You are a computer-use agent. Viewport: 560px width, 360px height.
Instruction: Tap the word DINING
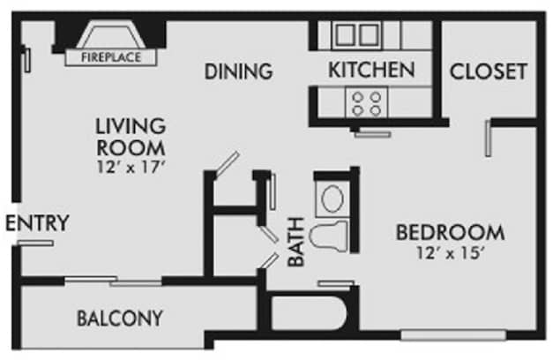[238, 71]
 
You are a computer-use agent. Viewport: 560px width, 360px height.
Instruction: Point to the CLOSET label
[489, 71]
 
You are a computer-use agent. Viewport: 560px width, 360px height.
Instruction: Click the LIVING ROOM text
[131, 136]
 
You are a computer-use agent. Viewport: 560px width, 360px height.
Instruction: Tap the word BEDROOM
[450, 233]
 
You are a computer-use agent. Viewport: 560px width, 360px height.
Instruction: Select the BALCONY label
[119, 317]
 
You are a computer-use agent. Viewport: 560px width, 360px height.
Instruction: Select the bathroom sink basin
[332, 198]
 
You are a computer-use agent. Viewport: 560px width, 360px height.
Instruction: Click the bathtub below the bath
[305, 313]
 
